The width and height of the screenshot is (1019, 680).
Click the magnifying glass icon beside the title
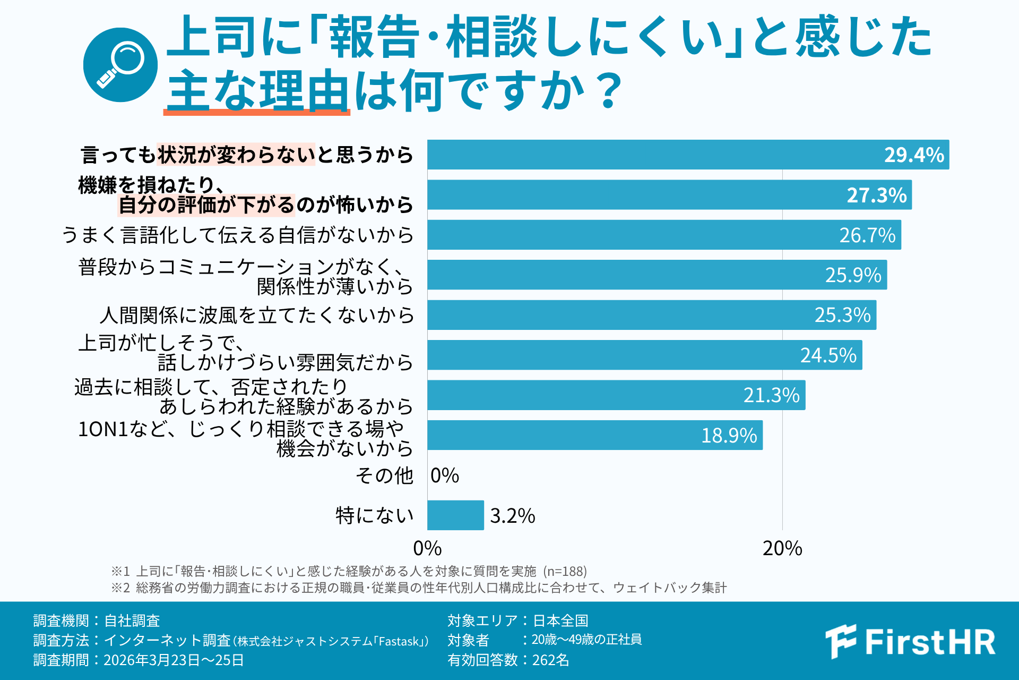(120, 65)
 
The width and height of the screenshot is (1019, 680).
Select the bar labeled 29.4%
(688, 155)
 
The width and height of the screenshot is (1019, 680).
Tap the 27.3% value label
(877, 195)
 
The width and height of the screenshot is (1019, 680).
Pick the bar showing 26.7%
(664, 235)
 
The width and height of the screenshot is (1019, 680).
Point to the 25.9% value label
(853, 275)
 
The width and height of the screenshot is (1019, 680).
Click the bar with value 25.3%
(652, 315)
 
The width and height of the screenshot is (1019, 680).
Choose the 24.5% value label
(828, 355)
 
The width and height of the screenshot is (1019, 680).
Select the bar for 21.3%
(617, 395)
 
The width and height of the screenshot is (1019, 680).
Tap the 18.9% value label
(729, 436)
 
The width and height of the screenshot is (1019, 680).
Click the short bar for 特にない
(456, 515)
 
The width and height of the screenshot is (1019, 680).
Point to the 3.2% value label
(513, 516)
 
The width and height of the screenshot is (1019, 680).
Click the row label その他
(384, 475)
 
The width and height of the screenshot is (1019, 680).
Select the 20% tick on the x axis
(782, 548)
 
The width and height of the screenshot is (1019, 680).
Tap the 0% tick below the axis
(427, 548)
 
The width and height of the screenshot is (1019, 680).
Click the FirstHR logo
(910, 641)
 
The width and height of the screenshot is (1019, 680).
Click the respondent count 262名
(550, 660)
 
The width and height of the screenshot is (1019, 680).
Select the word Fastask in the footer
(399, 642)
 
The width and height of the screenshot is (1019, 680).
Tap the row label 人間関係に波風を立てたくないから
(257, 315)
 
